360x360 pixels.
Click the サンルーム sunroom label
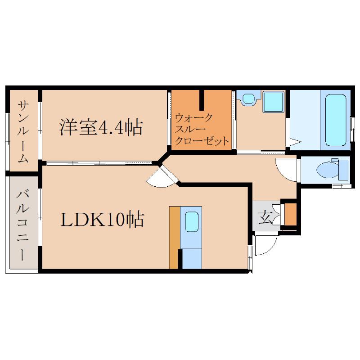click(23, 132)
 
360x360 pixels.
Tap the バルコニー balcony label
click(22, 226)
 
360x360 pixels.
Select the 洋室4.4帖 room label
click(101, 127)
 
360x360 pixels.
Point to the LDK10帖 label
click(102, 219)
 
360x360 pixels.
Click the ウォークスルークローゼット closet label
click(202, 129)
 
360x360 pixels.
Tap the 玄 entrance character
click(265, 218)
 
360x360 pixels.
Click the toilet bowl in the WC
click(327, 170)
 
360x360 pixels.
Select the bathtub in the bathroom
click(336, 120)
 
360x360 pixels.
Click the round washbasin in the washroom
click(248, 99)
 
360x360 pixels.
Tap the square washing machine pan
click(274, 102)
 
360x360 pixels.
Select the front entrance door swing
click(266, 244)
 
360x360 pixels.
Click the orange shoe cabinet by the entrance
click(291, 214)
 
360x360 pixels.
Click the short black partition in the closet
click(202, 100)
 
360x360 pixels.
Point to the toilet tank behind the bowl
click(343, 170)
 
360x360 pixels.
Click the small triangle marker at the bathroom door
click(295, 142)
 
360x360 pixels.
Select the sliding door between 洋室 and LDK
click(99, 163)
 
